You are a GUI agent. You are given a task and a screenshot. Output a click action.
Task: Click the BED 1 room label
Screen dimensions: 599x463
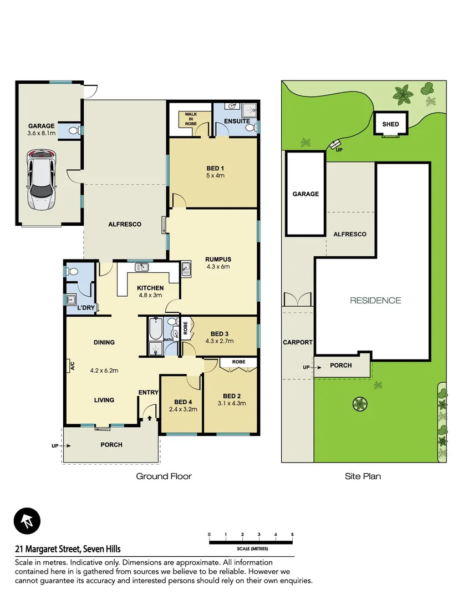(213, 169)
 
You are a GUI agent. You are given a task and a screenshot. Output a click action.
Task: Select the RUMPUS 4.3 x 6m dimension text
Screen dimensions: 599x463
(218, 266)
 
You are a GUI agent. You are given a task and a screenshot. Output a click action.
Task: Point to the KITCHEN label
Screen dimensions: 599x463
(150, 288)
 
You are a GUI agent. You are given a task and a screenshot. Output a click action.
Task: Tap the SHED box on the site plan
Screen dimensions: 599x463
(390, 124)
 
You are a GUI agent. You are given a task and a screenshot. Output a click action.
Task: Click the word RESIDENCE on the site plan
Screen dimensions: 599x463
(375, 301)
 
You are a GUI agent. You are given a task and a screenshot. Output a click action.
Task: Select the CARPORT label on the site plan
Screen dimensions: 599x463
(297, 342)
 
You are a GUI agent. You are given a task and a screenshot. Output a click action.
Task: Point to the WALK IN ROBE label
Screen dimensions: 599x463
(191, 118)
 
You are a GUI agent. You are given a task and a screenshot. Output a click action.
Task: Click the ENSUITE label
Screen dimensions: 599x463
(237, 121)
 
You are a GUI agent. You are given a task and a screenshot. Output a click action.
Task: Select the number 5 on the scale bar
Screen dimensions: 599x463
(292, 535)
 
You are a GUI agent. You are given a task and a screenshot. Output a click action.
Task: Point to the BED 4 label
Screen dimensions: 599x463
(182, 402)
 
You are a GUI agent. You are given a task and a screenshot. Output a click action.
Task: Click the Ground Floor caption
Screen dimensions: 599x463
(164, 476)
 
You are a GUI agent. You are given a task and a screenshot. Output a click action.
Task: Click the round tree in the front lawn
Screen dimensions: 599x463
(360, 404)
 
